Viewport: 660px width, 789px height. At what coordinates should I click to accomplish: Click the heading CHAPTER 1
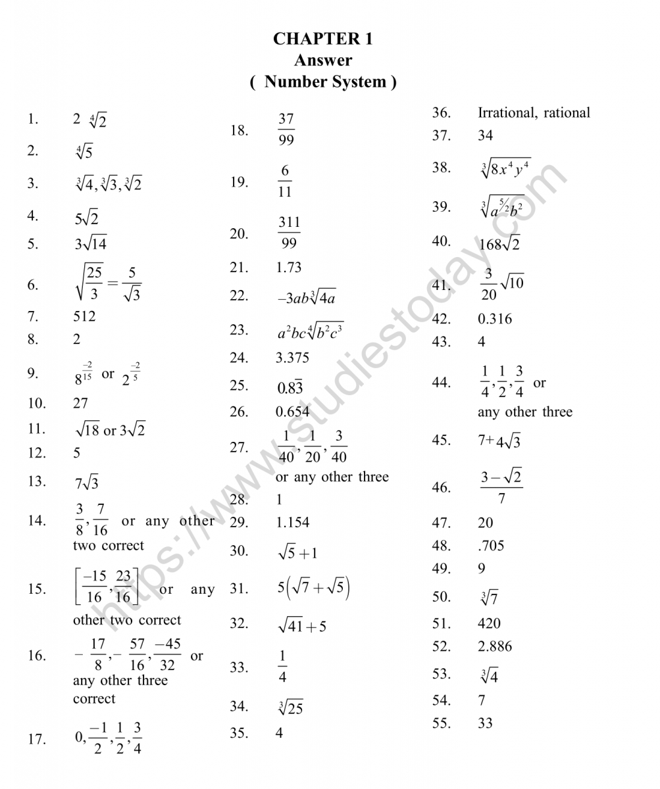pyautogui.click(x=323, y=39)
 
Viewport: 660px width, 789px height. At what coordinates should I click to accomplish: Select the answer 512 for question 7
pyautogui.click(x=84, y=316)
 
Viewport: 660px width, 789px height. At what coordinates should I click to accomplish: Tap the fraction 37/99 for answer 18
pyautogui.click(x=286, y=130)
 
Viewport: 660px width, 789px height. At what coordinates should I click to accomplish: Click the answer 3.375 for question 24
pyautogui.click(x=292, y=358)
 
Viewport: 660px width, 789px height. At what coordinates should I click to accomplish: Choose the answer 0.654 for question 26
pyautogui.click(x=292, y=412)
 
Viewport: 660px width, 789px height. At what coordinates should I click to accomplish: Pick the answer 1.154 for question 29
pyautogui.click(x=292, y=523)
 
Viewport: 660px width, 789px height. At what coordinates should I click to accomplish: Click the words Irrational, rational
pyautogui.click(x=534, y=112)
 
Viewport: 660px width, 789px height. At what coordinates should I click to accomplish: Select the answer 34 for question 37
pyautogui.click(x=486, y=135)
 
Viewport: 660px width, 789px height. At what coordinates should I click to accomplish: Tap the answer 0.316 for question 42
pyautogui.click(x=495, y=319)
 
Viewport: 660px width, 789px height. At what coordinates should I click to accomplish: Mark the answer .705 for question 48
pyautogui.click(x=492, y=546)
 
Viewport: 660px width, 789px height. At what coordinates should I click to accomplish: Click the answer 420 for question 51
pyautogui.click(x=490, y=623)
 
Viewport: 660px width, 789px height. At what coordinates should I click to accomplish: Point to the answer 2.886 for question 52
pyautogui.click(x=495, y=646)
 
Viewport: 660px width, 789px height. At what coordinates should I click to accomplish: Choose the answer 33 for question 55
pyautogui.click(x=486, y=723)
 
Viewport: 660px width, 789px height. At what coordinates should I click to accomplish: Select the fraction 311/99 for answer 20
pyautogui.click(x=288, y=233)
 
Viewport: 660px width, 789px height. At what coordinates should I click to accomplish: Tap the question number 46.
pyautogui.click(x=441, y=487)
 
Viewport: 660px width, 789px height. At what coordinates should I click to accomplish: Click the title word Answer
pyautogui.click(x=323, y=60)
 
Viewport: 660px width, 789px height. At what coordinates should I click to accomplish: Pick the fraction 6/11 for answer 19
pyautogui.click(x=285, y=181)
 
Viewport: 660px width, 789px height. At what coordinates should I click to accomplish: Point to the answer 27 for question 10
pyautogui.click(x=80, y=403)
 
